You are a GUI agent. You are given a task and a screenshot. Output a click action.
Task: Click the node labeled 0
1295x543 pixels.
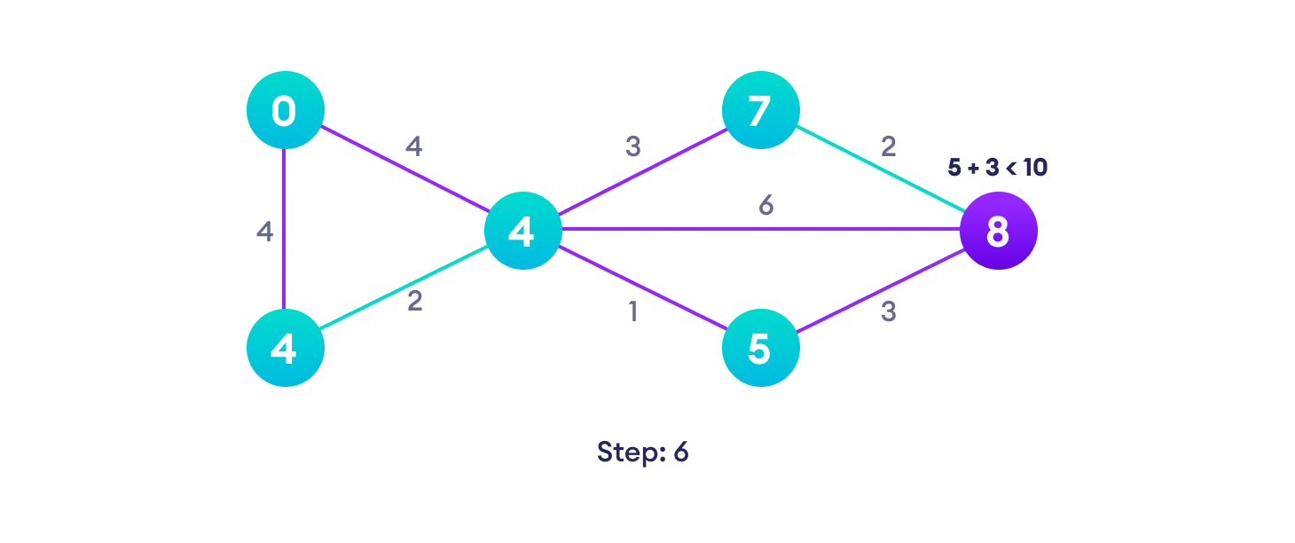tap(285, 110)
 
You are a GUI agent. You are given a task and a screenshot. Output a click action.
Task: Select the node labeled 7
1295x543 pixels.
tap(760, 110)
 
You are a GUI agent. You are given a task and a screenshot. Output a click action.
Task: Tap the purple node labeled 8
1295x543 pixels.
tap(998, 231)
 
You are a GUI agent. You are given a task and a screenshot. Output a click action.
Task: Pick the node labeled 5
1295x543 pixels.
tap(760, 348)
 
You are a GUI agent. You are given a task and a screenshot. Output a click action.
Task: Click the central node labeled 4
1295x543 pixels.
tap(522, 231)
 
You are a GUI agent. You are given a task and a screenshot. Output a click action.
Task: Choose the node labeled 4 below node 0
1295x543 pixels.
tap(285, 348)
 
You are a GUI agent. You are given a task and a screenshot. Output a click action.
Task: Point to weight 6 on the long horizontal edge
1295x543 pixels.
tap(766, 206)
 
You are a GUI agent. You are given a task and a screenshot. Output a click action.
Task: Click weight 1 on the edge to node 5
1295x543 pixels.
tap(632, 312)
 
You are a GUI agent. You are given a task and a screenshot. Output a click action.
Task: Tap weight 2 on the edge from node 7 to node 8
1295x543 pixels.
tap(888, 146)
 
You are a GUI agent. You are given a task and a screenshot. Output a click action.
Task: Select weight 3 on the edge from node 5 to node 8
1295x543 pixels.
tap(888, 312)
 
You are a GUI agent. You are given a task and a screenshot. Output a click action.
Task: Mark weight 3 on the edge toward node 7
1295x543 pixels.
tap(632, 146)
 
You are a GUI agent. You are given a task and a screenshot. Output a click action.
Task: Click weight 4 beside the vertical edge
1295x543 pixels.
tap(264, 232)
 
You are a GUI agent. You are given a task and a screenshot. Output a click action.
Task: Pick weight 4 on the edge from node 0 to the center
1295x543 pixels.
tap(413, 146)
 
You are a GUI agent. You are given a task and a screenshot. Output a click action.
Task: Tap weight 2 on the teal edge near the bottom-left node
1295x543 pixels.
tap(414, 301)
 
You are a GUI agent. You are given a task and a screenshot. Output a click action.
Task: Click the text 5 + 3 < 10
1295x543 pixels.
tap(997, 167)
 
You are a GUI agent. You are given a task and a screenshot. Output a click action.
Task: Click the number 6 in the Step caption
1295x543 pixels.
tap(680, 452)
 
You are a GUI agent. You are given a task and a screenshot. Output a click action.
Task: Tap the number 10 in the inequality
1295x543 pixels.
tap(1034, 167)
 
